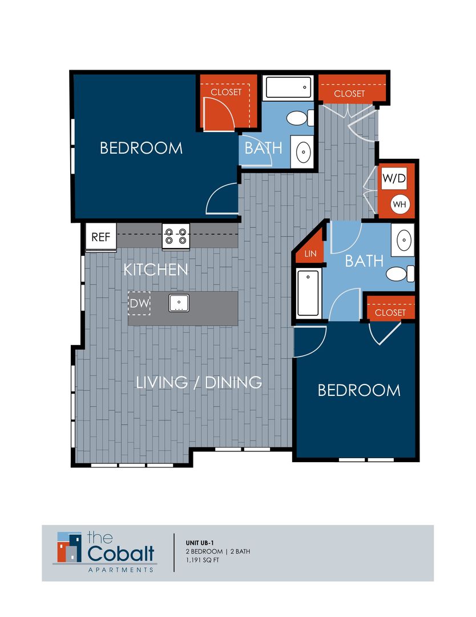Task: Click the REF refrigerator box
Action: pyautogui.click(x=100, y=237)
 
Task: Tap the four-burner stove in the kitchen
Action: pyautogui.click(x=176, y=236)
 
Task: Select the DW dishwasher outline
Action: pyautogui.click(x=139, y=305)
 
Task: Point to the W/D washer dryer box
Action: pyautogui.click(x=394, y=178)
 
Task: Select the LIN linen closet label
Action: pyautogui.click(x=310, y=253)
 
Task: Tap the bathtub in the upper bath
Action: pyautogui.click(x=288, y=89)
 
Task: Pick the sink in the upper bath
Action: pyautogui.click(x=302, y=151)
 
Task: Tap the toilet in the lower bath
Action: pyautogui.click(x=400, y=274)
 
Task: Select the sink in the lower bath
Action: pyautogui.click(x=403, y=239)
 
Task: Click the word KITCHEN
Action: pyautogui.click(x=156, y=270)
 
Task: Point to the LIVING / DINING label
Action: pyautogui.click(x=199, y=382)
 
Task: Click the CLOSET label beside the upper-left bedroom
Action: pyautogui.click(x=226, y=92)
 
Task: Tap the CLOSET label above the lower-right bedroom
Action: pyautogui.click(x=390, y=312)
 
